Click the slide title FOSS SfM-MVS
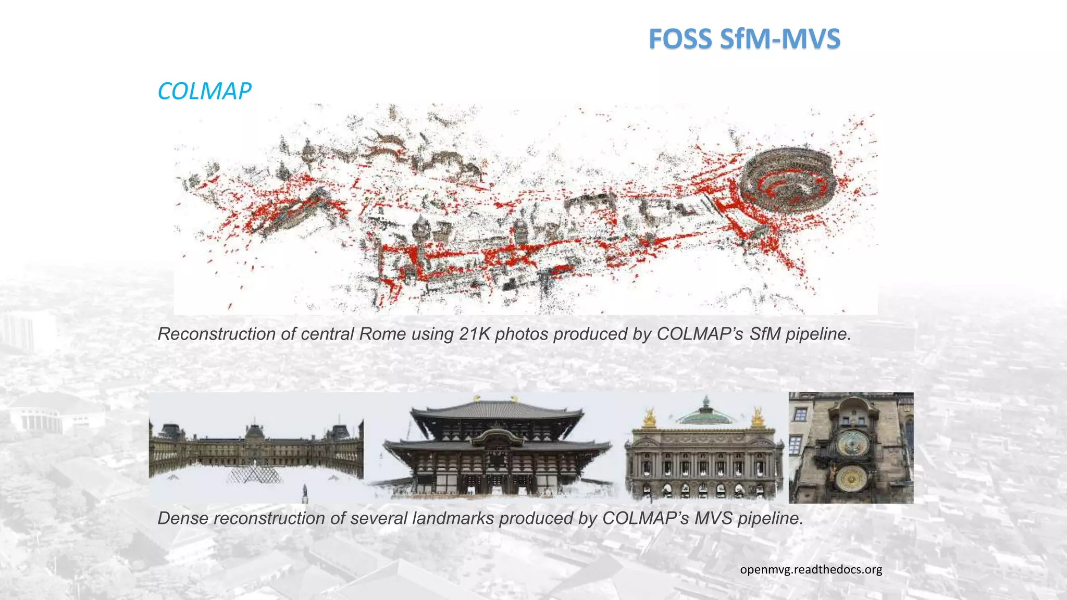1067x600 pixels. click(744, 39)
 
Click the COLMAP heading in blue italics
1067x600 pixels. click(204, 92)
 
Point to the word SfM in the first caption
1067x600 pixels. click(765, 334)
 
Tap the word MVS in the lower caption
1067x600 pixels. click(713, 518)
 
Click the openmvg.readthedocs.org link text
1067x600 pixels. click(811, 569)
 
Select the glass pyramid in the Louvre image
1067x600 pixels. click(255, 473)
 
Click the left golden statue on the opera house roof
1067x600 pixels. click(649, 418)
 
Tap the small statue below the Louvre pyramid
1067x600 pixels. click(305, 492)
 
